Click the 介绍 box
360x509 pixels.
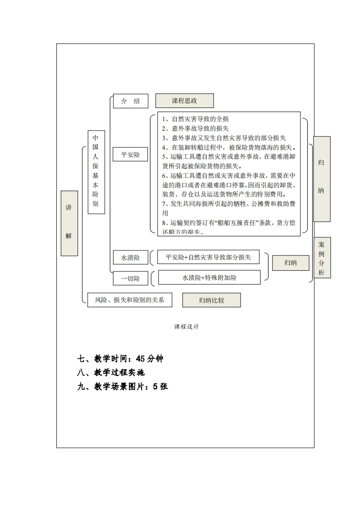pos(130,101)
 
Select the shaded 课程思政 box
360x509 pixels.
pos(184,101)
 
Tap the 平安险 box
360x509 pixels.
pos(130,155)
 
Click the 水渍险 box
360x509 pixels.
pos(130,258)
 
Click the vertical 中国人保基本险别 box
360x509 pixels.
pos(95,172)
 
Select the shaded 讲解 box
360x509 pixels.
pos(69,223)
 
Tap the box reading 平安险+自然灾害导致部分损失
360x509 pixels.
pos(208,257)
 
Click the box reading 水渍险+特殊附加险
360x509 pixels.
pos(209,277)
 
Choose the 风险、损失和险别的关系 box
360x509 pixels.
pos(129,300)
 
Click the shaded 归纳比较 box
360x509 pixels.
pos(212,300)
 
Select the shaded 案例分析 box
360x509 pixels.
pos(322,257)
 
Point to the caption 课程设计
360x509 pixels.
pos(186,327)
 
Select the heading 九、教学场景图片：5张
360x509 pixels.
pos(123,387)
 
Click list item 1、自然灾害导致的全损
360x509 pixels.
pos(195,119)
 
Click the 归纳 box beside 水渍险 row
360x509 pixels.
pos(291,263)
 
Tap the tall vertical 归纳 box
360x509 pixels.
pos(321,179)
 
